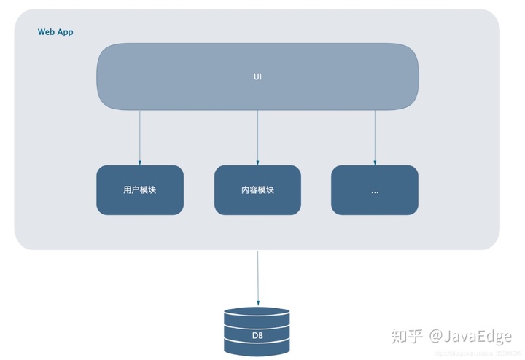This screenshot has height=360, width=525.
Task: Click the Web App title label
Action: (x=55, y=32)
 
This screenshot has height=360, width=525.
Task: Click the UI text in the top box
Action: (x=257, y=76)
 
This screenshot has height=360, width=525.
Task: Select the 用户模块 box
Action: (x=140, y=190)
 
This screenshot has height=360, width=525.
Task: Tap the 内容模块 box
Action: (x=257, y=190)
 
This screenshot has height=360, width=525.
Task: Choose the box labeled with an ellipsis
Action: (x=375, y=190)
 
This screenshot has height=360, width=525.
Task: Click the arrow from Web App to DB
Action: (x=257, y=277)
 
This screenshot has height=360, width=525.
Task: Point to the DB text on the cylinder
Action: (x=257, y=336)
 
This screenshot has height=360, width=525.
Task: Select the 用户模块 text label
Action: (x=140, y=190)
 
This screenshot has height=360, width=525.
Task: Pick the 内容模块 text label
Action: (x=257, y=190)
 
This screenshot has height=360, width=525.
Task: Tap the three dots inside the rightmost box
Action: (x=375, y=192)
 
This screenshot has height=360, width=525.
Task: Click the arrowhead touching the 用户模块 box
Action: (x=140, y=163)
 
